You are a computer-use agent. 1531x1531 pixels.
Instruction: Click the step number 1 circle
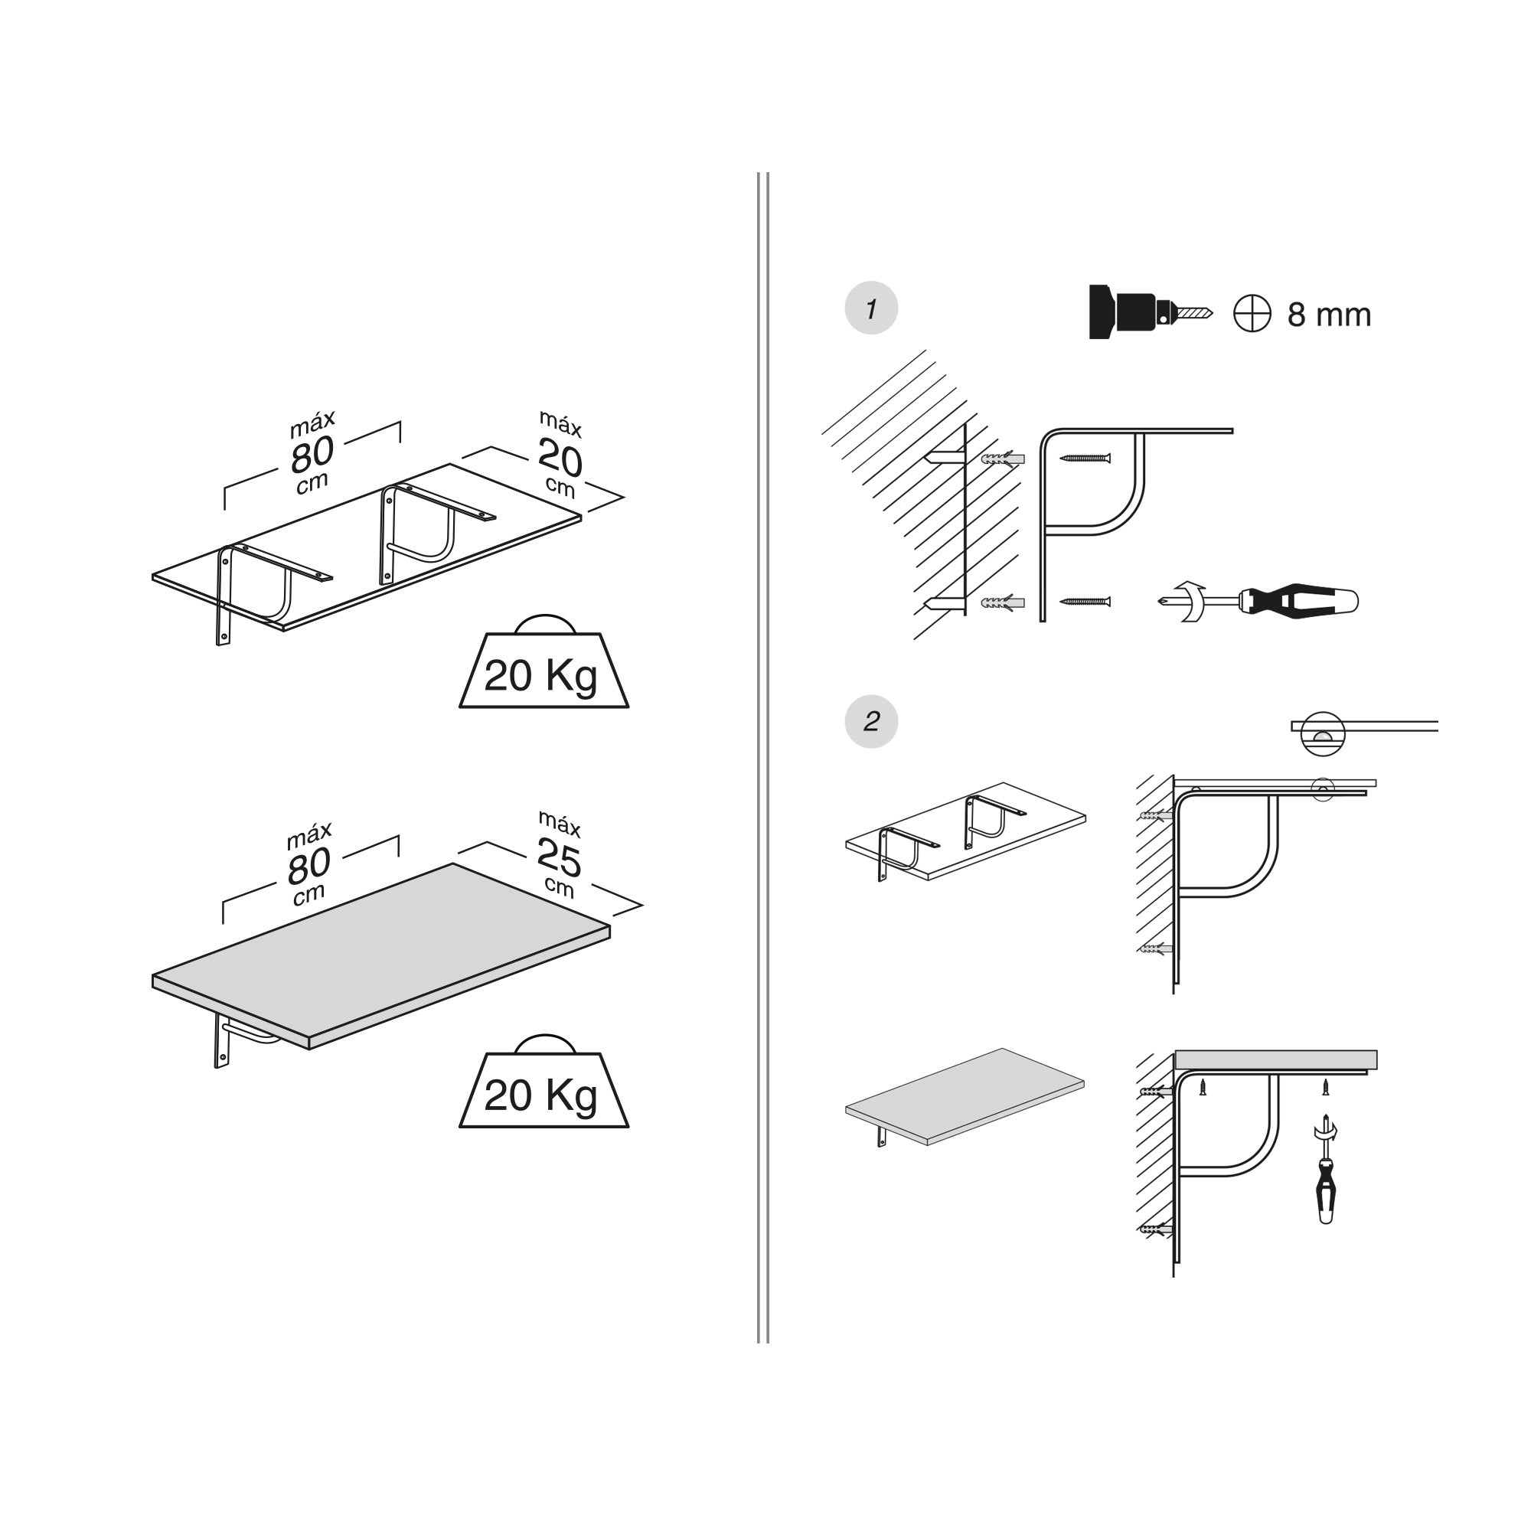[x=871, y=308]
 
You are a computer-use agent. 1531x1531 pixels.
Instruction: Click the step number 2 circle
[x=871, y=721]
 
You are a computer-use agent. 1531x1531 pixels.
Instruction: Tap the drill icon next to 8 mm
[x=1149, y=312]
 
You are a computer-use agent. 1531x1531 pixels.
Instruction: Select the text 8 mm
[x=1329, y=315]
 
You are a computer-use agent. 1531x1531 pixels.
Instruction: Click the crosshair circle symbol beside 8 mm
[x=1252, y=314]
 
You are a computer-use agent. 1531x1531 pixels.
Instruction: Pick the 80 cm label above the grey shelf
[x=308, y=866]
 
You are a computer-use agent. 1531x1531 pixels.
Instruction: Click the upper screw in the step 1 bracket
[x=1085, y=458]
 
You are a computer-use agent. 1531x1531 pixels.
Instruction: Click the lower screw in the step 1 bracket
[x=1085, y=602]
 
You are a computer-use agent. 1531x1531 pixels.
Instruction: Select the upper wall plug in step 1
[x=1003, y=459]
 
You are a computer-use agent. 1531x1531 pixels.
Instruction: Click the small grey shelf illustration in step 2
[x=965, y=1096]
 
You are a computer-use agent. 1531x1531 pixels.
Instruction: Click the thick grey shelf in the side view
[x=1275, y=1059]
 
